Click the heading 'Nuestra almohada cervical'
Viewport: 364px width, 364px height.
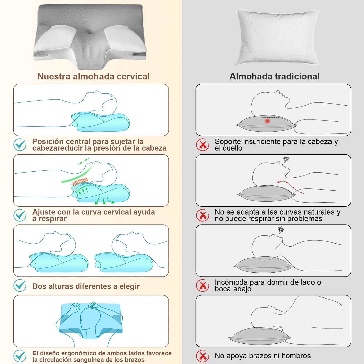click(93, 77)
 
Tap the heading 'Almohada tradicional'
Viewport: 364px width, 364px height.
click(275, 77)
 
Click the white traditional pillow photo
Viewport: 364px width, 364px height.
click(277, 37)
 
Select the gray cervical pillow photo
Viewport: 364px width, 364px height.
click(90, 37)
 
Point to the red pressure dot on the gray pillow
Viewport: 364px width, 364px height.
click(267, 121)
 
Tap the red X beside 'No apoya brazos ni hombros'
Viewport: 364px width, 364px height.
click(203, 356)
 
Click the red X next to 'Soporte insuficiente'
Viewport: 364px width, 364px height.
click(203, 145)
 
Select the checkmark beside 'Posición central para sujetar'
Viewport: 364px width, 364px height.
click(20, 145)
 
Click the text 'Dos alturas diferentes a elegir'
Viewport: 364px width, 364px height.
click(86, 286)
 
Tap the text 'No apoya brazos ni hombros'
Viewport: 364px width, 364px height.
click(263, 356)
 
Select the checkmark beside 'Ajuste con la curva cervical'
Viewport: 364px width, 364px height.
click(20, 215)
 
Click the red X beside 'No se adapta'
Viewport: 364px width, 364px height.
click(203, 215)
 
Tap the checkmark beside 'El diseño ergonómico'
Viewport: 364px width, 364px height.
click(20, 356)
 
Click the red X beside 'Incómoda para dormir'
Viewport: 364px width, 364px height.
click(203, 285)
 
